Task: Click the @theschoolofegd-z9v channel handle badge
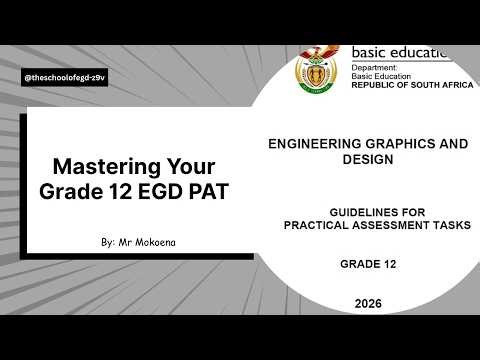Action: click(64, 78)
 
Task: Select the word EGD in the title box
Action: click(167, 190)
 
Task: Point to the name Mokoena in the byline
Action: click(154, 243)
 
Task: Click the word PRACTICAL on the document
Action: click(324, 226)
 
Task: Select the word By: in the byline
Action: click(109, 243)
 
